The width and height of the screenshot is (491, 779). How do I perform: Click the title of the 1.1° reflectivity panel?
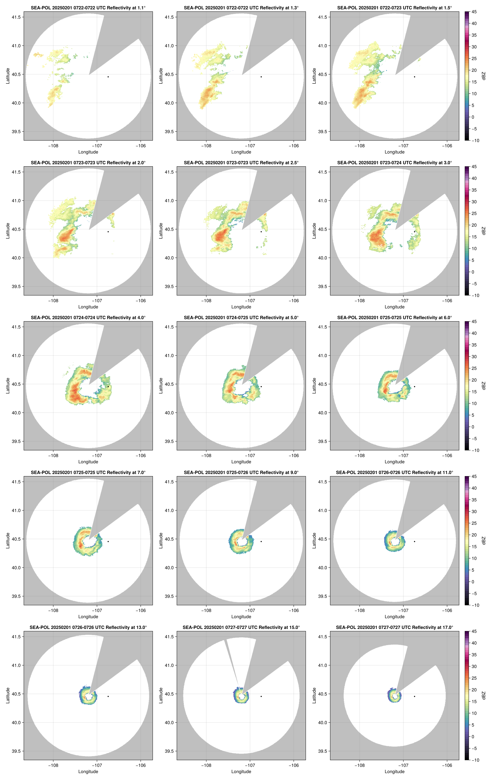point(88,8)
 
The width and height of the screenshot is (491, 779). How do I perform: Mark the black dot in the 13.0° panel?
point(108,696)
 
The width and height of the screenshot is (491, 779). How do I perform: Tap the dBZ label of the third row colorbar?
point(483,386)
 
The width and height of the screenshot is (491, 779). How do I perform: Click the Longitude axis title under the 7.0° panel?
point(88,617)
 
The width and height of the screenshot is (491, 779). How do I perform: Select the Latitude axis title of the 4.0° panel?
point(8,386)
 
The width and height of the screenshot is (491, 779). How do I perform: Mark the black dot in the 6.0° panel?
point(414,387)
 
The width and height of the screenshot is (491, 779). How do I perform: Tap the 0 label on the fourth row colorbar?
point(473,582)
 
